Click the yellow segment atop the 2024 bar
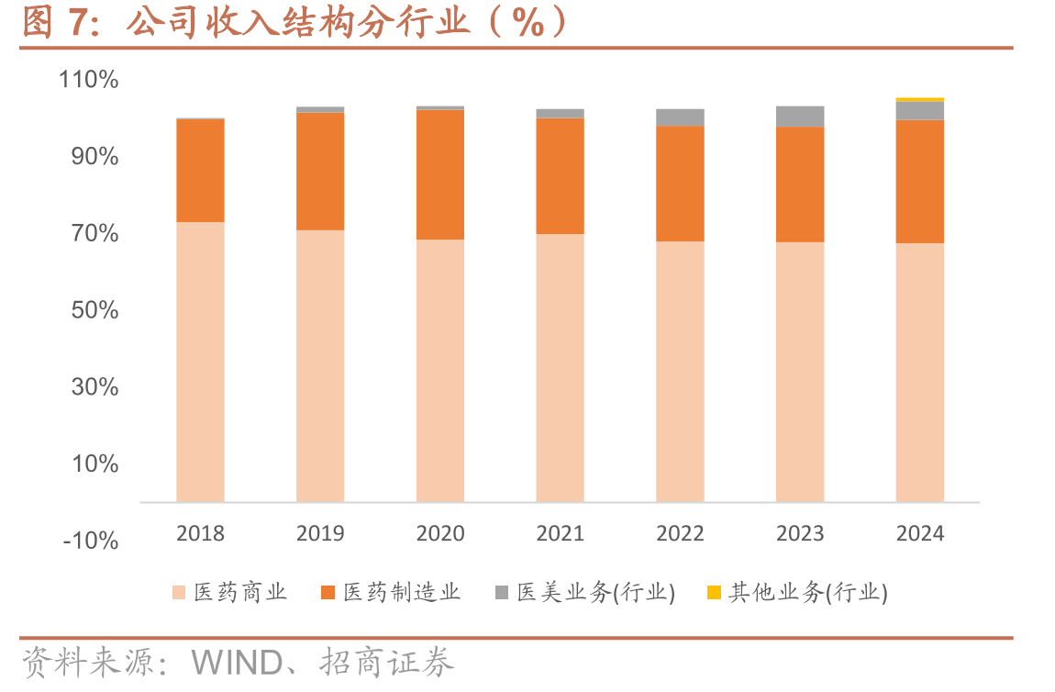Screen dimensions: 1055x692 [920, 100]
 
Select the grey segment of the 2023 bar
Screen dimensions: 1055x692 [800, 117]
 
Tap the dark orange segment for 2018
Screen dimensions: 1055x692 [201, 171]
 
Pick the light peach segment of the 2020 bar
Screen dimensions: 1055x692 [440, 371]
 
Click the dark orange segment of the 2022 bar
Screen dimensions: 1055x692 [680, 184]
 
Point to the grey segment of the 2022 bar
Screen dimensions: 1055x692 [680, 117]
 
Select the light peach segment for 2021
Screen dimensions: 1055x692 [560, 368]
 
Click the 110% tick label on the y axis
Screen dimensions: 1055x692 [89, 80]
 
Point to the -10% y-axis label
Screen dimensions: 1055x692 [91, 541]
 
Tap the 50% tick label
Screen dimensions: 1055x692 [94, 310]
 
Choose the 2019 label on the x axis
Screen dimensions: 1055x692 [320, 533]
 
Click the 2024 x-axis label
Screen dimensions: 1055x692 [920, 533]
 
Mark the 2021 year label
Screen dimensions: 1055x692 [560, 533]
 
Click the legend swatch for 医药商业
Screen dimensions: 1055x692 [179, 592]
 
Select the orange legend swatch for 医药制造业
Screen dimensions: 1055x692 [328, 592]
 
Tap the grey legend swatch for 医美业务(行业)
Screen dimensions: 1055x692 [501, 592]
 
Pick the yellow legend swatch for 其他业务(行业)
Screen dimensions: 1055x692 [714, 592]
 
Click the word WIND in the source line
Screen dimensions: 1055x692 [237, 663]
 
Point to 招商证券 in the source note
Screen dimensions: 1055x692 [387, 663]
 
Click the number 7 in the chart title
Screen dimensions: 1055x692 [78, 21]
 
